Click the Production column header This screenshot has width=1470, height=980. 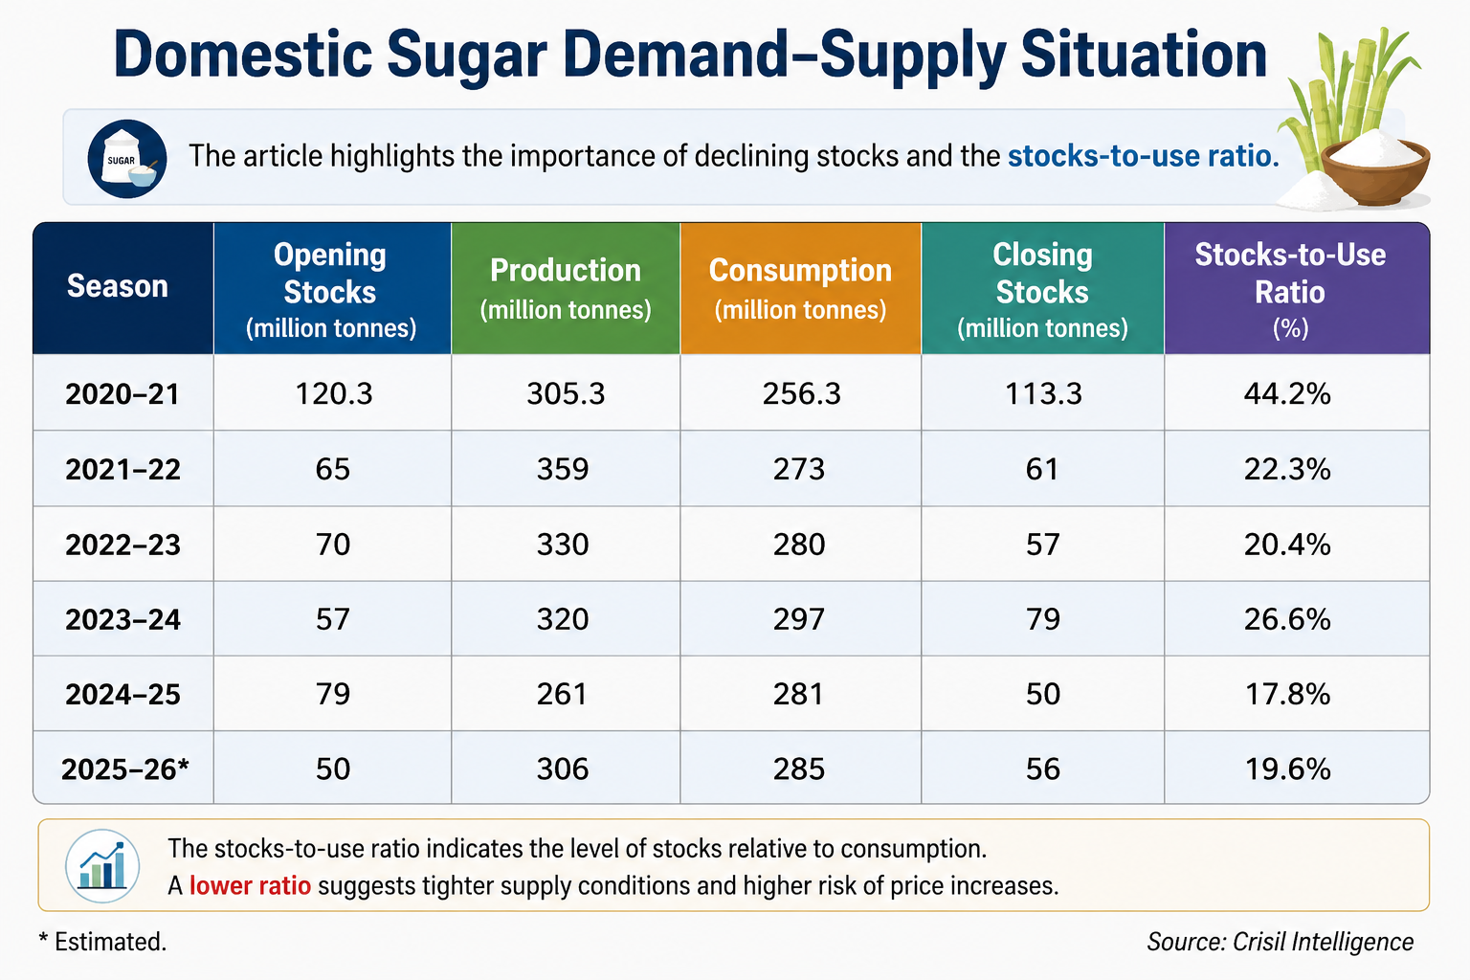[x=566, y=288]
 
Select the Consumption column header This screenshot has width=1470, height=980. [x=801, y=288]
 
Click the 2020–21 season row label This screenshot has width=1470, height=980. [x=122, y=394]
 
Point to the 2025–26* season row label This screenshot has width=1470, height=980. [x=125, y=768]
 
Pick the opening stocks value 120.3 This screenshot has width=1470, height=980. [x=333, y=394]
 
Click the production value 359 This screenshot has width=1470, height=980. [x=563, y=469]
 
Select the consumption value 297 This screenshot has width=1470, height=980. [x=799, y=619]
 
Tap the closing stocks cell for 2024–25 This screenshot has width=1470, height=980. [x=1043, y=694]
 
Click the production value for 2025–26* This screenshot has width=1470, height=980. [x=563, y=768]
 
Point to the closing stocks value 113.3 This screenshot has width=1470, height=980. [x=1043, y=394]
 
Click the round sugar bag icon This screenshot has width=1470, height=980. [x=126, y=159]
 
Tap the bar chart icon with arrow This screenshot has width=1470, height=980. [x=102, y=866]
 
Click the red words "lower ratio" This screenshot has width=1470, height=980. [x=250, y=885]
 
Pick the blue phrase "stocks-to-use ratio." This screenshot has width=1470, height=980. [x=1144, y=156]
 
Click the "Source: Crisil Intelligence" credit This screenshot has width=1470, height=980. [x=1280, y=942]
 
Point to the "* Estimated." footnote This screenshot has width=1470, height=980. [x=102, y=942]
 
